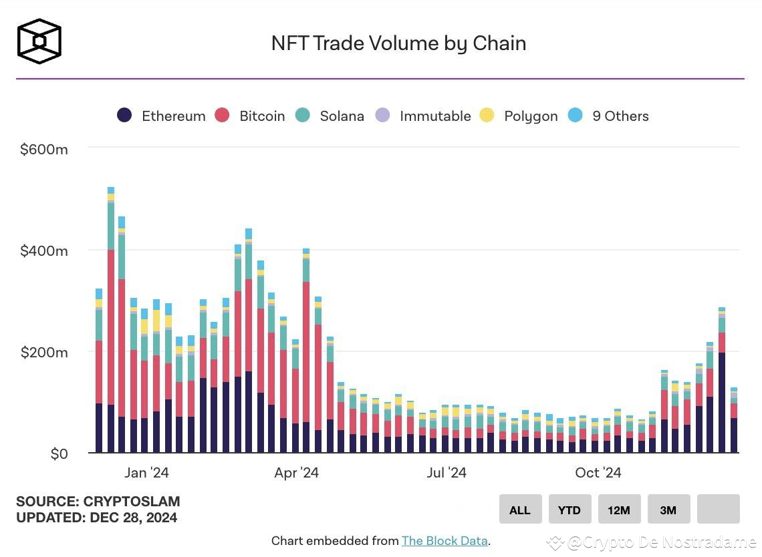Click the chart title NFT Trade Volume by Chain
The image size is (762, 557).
click(x=398, y=43)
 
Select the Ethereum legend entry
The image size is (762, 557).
click(x=161, y=116)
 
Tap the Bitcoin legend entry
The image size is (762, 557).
click(x=250, y=116)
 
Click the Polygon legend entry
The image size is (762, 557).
click(x=519, y=116)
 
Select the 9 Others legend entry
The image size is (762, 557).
click(x=608, y=116)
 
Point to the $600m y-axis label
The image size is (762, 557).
click(x=44, y=150)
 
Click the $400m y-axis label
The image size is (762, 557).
click(x=44, y=251)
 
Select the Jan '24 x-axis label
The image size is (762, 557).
click(x=146, y=473)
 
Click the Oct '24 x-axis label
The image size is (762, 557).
click(x=598, y=473)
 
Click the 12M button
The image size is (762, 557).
click(x=619, y=510)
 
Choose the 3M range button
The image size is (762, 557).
click(x=668, y=510)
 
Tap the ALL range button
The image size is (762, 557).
click(x=520, y=510)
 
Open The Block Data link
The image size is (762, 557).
click(x=444, y=541)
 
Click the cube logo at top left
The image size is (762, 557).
click(x=39, y=41)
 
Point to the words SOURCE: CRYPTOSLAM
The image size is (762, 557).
click(x=98, y=502)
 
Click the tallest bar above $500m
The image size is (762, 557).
click(x=111, y=321)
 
